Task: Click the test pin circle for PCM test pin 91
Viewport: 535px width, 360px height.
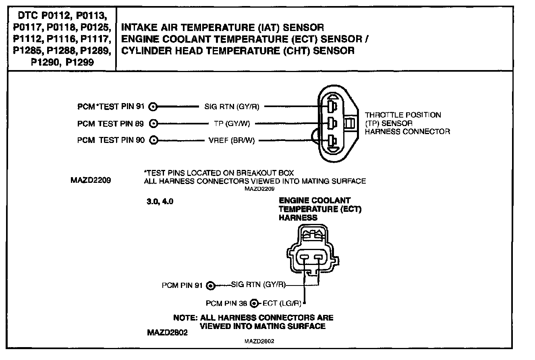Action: [x=153, y=107]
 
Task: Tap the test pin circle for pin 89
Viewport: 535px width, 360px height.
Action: [x=153, y=124]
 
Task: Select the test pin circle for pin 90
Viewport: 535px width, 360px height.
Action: [x=153, y=141]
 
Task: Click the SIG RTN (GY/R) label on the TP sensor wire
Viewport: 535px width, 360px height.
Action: [x=229, y=107]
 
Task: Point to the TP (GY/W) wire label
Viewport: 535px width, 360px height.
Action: [x=232, y=124]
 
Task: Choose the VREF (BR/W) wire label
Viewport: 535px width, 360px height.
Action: [x=232, y=141]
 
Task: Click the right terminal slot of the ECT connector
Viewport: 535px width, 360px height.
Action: [x=319, y=257]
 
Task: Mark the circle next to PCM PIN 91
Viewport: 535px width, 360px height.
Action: [x=210, y=286]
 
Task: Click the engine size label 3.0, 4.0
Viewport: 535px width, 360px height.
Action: [x=160, y=202]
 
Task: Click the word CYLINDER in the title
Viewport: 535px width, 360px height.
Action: [x=142, y=51]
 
